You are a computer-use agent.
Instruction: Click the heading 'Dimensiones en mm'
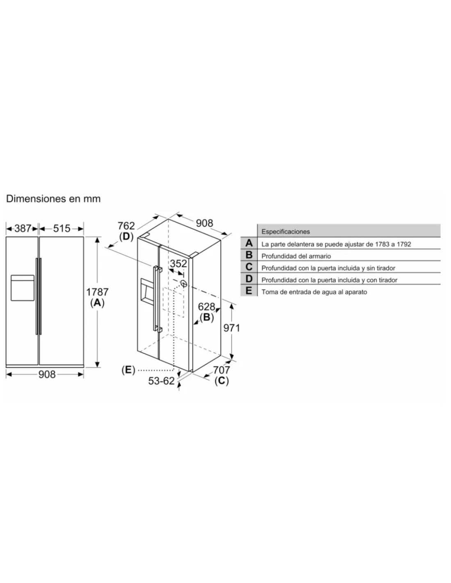[53, 199]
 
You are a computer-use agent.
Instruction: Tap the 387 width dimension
[23, 229]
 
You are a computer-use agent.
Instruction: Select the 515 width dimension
[61, 229]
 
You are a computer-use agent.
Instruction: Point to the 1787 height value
[97, 291]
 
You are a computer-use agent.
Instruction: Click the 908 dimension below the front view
[47, 374]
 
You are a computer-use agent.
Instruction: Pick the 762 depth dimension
[126, 226]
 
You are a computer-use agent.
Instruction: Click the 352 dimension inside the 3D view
[178, 264]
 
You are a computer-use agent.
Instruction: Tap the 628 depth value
[207, 307]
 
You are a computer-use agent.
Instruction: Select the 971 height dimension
[232, 328]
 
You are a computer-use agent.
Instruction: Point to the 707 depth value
[222, 370]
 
